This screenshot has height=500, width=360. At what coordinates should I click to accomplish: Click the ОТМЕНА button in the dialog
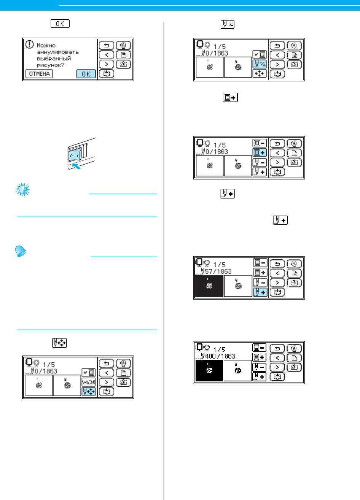click(x=39, y=74)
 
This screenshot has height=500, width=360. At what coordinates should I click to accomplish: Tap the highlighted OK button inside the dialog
click(x=86, y=74)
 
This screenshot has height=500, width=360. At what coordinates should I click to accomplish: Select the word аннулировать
click(x=57, y=52)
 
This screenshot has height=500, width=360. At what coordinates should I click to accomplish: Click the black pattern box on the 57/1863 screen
click(x=209, y=287)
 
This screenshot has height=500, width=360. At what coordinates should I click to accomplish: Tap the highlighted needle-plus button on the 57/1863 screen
click(x=260, y=292)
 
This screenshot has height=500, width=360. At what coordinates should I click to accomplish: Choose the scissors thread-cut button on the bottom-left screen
click(x=88, y=382)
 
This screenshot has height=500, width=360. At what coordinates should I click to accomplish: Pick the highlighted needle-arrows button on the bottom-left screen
click(x=88, y=392)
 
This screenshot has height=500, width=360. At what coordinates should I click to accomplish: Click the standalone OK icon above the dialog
click(x=59, y=24)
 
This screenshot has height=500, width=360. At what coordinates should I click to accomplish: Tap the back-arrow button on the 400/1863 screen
click(x=277, y=349)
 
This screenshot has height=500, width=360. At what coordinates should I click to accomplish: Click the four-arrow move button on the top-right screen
click(x=260, y=74)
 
